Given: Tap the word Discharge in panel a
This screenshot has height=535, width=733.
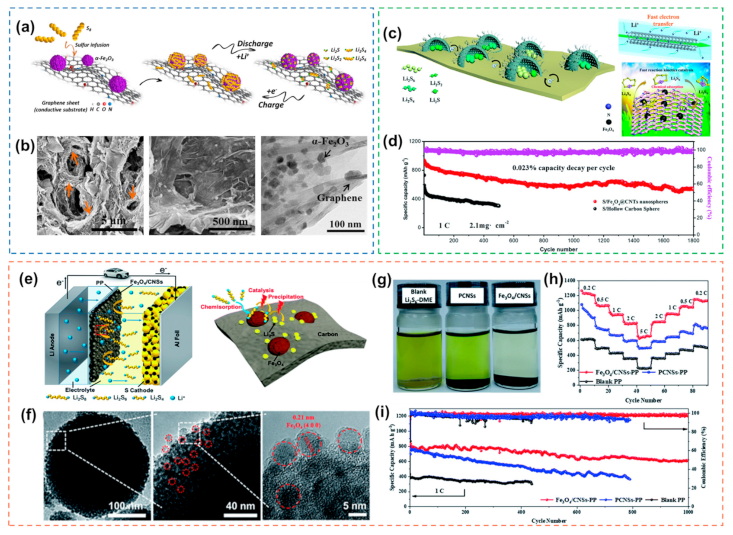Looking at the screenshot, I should tap(255, 43).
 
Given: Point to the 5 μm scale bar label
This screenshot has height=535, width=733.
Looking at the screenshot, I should tap(114, 221).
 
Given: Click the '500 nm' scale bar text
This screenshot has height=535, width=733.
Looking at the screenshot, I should tap(230, 221).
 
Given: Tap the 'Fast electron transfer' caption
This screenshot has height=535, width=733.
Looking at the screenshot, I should tap(663, 20).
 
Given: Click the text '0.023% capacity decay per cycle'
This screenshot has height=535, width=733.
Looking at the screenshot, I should tap(563, 168).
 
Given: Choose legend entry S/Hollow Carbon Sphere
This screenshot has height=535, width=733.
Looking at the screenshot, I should tap(630, 208).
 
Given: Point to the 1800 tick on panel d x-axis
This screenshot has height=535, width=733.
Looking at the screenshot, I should tap(693, 240).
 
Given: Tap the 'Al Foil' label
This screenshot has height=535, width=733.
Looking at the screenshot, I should tap(177, 339).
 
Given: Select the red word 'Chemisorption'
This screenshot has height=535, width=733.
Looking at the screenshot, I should tap(221, 307).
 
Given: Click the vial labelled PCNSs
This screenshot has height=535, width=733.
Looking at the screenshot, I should tap(467, 340).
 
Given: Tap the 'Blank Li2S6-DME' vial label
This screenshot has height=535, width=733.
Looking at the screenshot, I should tap(418, 296).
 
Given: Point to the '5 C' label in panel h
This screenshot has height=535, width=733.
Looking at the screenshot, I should tap(643, 331).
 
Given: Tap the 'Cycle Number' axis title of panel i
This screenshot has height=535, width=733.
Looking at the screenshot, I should tap(548, 521).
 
